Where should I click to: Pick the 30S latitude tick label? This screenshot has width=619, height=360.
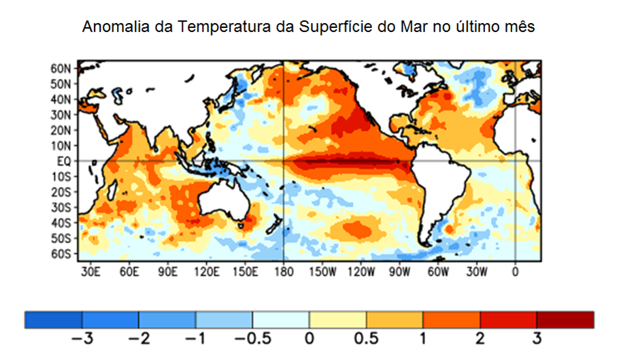pos(61,208)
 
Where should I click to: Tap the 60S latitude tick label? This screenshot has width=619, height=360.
pos(61,254)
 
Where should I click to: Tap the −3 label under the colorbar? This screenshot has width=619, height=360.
pos(82,338)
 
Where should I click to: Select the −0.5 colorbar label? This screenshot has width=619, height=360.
pos(252,338)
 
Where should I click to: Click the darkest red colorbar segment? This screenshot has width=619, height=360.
pos(565,319)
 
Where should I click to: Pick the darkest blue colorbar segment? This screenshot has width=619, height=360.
pos(53,319)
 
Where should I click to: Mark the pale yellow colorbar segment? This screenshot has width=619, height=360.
pos(337,319)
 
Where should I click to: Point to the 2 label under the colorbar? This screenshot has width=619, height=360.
pos(480,338)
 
